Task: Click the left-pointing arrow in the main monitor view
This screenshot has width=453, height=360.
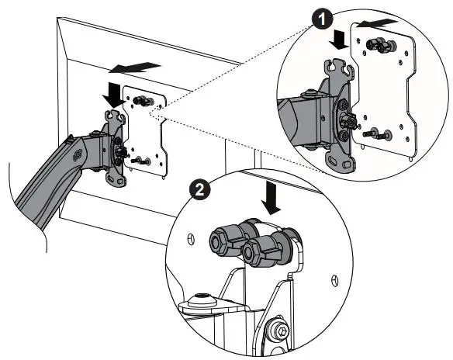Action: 140,67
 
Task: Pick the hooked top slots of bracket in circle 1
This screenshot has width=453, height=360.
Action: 339,74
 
